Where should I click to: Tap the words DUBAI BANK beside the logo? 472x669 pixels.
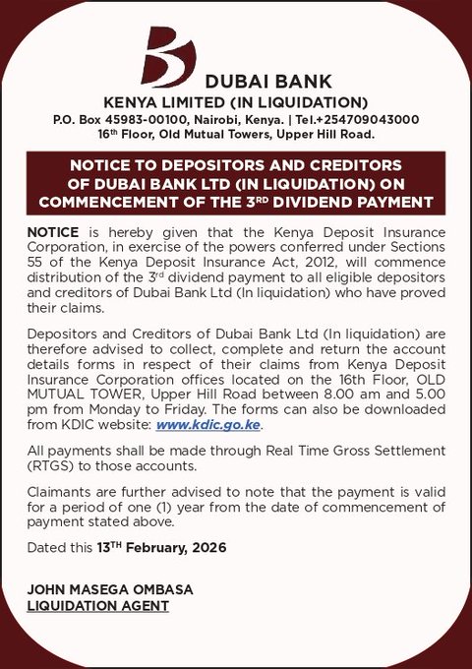click(x=268, y=83)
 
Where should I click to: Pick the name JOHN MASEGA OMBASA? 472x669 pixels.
click(x=110, y=589)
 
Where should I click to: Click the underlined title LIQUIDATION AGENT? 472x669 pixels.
click(x=97, y=606)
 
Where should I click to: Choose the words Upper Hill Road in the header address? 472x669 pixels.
click(x=325, y=134)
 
